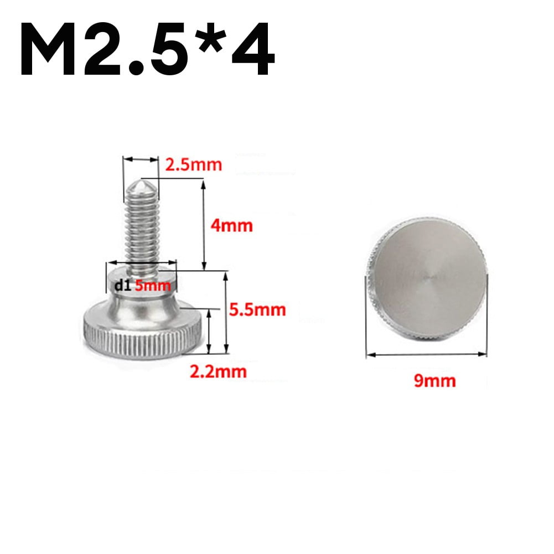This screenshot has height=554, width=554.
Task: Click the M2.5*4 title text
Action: click(147, 51)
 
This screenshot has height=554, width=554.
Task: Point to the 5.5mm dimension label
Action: click(257, 309)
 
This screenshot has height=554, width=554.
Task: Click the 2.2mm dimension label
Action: click(218, 371)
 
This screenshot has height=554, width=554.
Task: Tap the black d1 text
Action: click(122, 286)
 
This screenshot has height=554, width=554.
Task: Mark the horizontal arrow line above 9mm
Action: click(427, 355)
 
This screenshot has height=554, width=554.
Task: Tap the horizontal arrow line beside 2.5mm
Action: click(141, 160)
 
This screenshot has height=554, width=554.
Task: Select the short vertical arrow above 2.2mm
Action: click(209, 331)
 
